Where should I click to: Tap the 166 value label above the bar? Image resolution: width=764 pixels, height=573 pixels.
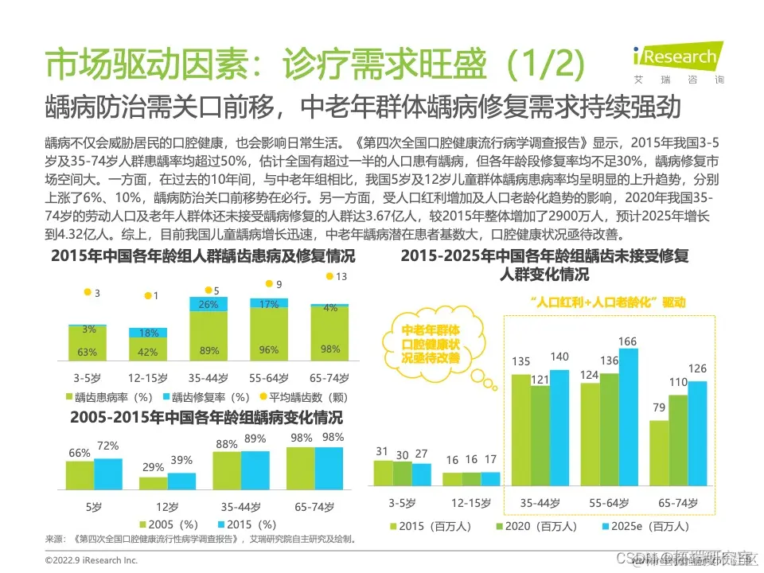click(x=628, y=342)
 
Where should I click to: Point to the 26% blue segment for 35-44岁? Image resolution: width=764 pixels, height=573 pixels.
click(x=209, y=304)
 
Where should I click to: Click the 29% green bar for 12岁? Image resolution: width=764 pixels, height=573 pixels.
click(x=154, y=482)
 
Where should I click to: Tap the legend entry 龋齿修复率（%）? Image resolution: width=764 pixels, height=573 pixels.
click(x=202, y=396)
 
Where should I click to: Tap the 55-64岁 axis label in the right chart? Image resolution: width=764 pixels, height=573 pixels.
click(x=608, y=502)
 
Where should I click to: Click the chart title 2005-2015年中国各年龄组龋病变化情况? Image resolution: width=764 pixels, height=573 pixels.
click(x=206, y=417)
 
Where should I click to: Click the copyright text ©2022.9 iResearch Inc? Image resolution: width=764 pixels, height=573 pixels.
click(x=92, y=560)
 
